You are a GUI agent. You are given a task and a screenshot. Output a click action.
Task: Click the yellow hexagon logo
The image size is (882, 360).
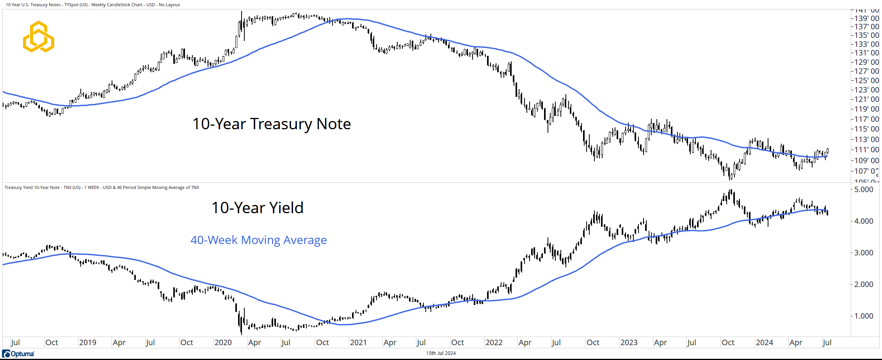click(x=39, y=37)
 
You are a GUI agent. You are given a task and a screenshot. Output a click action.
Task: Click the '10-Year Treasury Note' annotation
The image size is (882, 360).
click(x=272, y=124)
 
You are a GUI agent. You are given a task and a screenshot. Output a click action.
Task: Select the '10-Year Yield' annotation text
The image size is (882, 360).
click(x=257, y=208)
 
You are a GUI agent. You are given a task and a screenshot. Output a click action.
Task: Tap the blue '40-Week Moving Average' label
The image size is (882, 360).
click(x=258, y=240)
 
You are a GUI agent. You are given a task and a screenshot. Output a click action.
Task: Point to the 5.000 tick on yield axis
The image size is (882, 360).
click(x=864, y=189)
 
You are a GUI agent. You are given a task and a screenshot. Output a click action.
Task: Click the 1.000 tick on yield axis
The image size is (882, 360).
click(x=864, y=316)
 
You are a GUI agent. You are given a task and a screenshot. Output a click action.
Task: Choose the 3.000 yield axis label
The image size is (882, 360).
click(x=864, y=253)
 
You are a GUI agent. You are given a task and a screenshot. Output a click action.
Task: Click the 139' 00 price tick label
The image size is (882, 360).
click(x=866, y=18)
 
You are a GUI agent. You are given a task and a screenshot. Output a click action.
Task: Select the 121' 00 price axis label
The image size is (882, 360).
click(x=866, y=99)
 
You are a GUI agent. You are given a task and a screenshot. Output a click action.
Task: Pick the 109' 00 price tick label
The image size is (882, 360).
click(x=866, y=160)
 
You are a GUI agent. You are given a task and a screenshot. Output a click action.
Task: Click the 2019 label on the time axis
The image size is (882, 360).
click(x=87, y=342)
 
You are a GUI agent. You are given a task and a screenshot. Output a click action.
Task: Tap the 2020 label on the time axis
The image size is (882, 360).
click(x=223, y=342)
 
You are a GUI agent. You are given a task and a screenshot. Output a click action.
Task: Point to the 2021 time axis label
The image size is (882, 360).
click(x=358, y=342)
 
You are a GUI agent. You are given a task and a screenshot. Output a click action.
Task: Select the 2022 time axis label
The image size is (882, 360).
click(x=494, y=342)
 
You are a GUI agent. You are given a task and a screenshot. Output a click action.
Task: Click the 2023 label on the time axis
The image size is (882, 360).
click(x=629, y=342)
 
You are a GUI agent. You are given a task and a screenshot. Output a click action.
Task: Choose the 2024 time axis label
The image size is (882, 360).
click(x=764, y=342)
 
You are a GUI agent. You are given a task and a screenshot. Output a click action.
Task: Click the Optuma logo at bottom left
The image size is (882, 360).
click(x=18, y=354)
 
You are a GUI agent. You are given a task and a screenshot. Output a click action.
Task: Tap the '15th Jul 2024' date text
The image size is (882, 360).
click(x=441, y=353)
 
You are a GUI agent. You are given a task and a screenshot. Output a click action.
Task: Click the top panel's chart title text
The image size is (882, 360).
click(x=93, y=5)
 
